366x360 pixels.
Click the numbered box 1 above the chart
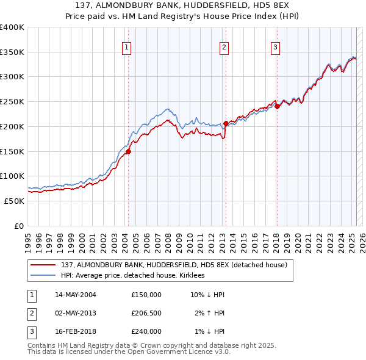click(126, 47)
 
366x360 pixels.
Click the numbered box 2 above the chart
click(224, 47)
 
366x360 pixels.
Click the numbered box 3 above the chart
click(275, 47)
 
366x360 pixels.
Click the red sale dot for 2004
click(129, 152)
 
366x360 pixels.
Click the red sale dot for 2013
click(226, 123)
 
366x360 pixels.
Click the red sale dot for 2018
click(277, 106)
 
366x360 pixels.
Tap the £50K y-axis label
click(14, 201)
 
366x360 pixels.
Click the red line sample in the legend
click(44, 265)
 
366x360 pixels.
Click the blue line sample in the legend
click(44, 275)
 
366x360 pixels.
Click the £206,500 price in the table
click(146, 313)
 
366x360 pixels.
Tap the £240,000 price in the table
click(146, 331)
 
